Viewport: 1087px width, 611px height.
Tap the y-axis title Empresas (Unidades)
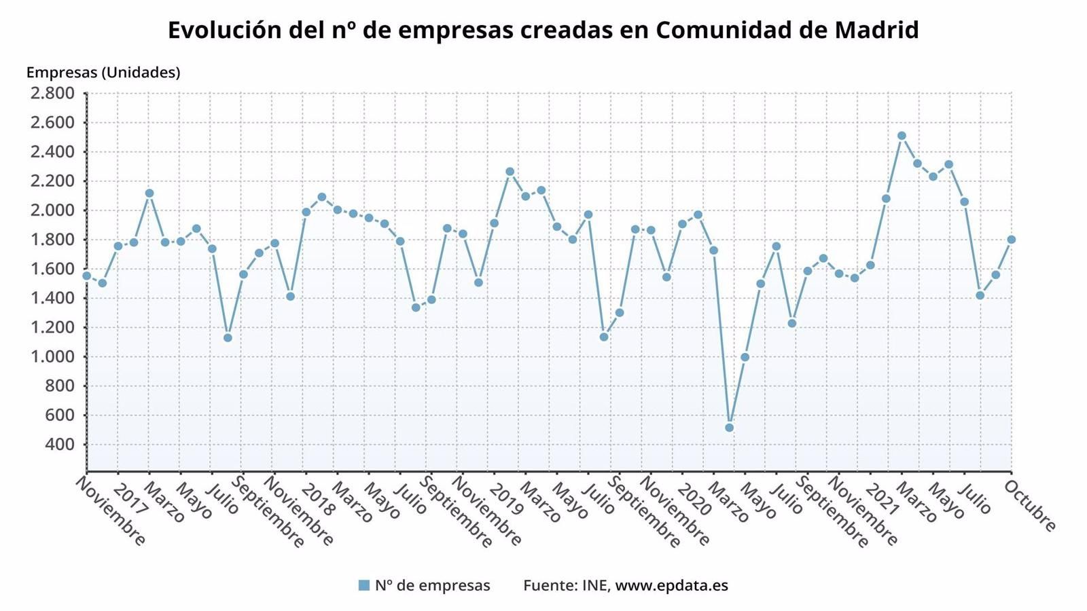(103, 73)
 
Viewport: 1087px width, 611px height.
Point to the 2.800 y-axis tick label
(52, 94)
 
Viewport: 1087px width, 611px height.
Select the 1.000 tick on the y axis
(52, 357)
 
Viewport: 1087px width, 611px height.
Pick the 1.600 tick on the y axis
(52, 269)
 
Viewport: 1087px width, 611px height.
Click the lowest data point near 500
(729, 428)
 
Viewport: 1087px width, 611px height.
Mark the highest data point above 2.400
(902, 136)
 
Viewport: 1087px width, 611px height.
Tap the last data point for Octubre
(1011, 240)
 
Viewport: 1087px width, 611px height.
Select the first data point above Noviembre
(86, 276)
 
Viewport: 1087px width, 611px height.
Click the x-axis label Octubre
(1029, 506)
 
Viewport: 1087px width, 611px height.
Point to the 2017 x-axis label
(130, 500)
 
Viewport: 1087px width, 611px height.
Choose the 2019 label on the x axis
(506, 500)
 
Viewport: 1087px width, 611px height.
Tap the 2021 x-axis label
(883, 500)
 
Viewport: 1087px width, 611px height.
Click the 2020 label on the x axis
(694, 500)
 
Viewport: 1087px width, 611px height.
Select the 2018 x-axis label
(318, 500)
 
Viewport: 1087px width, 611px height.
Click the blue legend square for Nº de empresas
(364, 585)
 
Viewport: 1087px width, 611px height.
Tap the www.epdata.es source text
(671, 585)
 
